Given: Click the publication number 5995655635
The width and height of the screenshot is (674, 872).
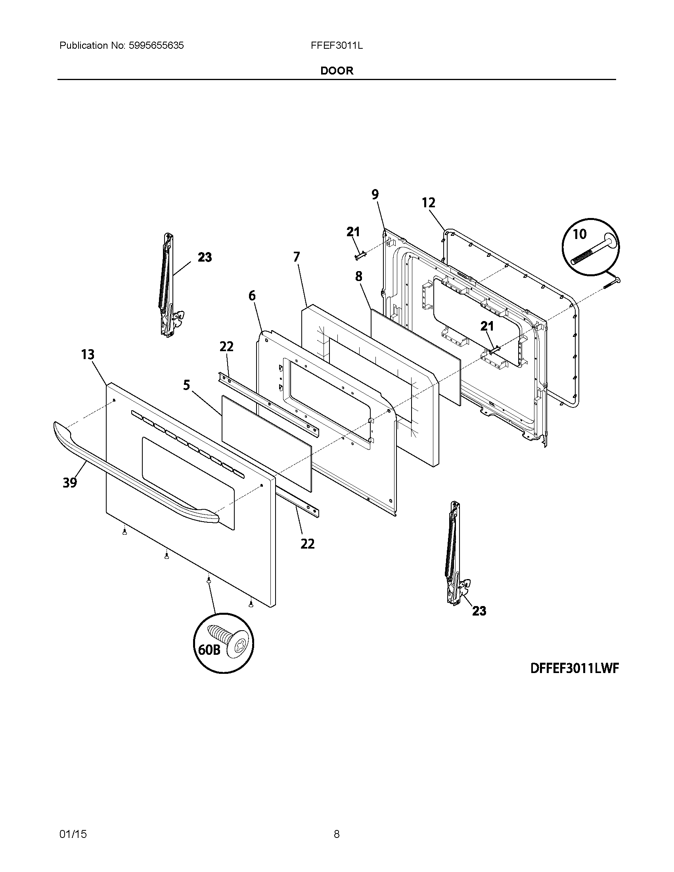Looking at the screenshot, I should [x=156, y=46].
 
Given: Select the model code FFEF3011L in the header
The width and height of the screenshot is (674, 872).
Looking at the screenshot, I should [x=337, y=46].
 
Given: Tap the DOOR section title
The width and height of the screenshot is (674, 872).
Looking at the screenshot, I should [x=337, y=71].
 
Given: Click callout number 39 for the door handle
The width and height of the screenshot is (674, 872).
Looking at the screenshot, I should [x=70, y=483].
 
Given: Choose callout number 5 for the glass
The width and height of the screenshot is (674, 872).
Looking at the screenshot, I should [x=186, y=385].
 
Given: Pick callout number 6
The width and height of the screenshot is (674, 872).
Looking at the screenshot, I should [x=252, y=296].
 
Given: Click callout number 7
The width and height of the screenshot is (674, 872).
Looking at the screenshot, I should [x=296, y=257].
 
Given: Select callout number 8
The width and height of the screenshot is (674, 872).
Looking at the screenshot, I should [x=358, y=276].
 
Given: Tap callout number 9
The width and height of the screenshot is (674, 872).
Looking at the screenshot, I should [x=375, y=195].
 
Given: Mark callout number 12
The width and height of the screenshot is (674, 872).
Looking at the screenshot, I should [x=429, y=203].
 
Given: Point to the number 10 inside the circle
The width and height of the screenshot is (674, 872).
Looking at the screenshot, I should [x=580, y=234].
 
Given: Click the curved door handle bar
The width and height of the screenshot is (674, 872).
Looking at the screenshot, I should [x=132, y=479].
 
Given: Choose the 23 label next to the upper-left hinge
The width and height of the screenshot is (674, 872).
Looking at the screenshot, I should [x=205, y=257].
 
